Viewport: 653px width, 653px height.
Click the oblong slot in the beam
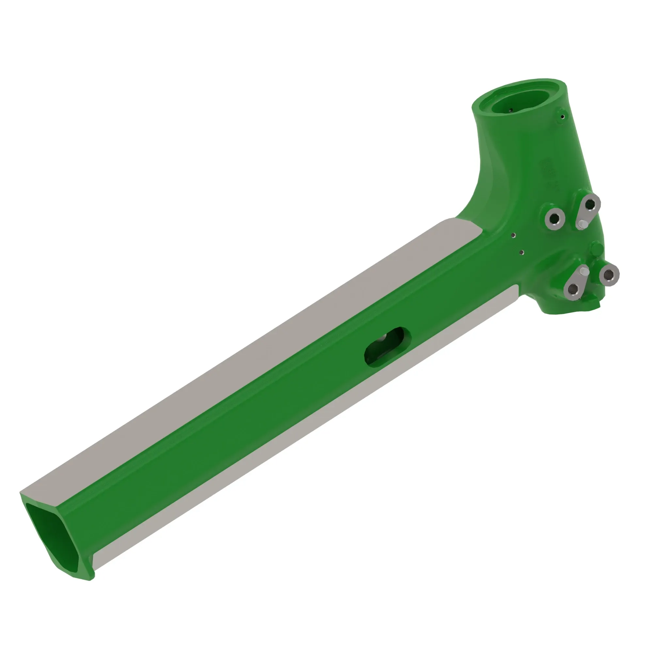pyautogui.click(x=387, y=346)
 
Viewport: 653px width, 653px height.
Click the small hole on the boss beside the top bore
pyautogui.click(x=562, y=117)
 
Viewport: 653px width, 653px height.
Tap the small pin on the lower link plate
pyautogui.click(x=584, y=271)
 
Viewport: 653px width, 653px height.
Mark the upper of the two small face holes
pyautogui.click(x=513, y=235)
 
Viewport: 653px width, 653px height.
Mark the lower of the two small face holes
pyautogui.click(x=522, y=252)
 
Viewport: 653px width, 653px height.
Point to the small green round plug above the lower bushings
pyautogui.click(x=596, y=249)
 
